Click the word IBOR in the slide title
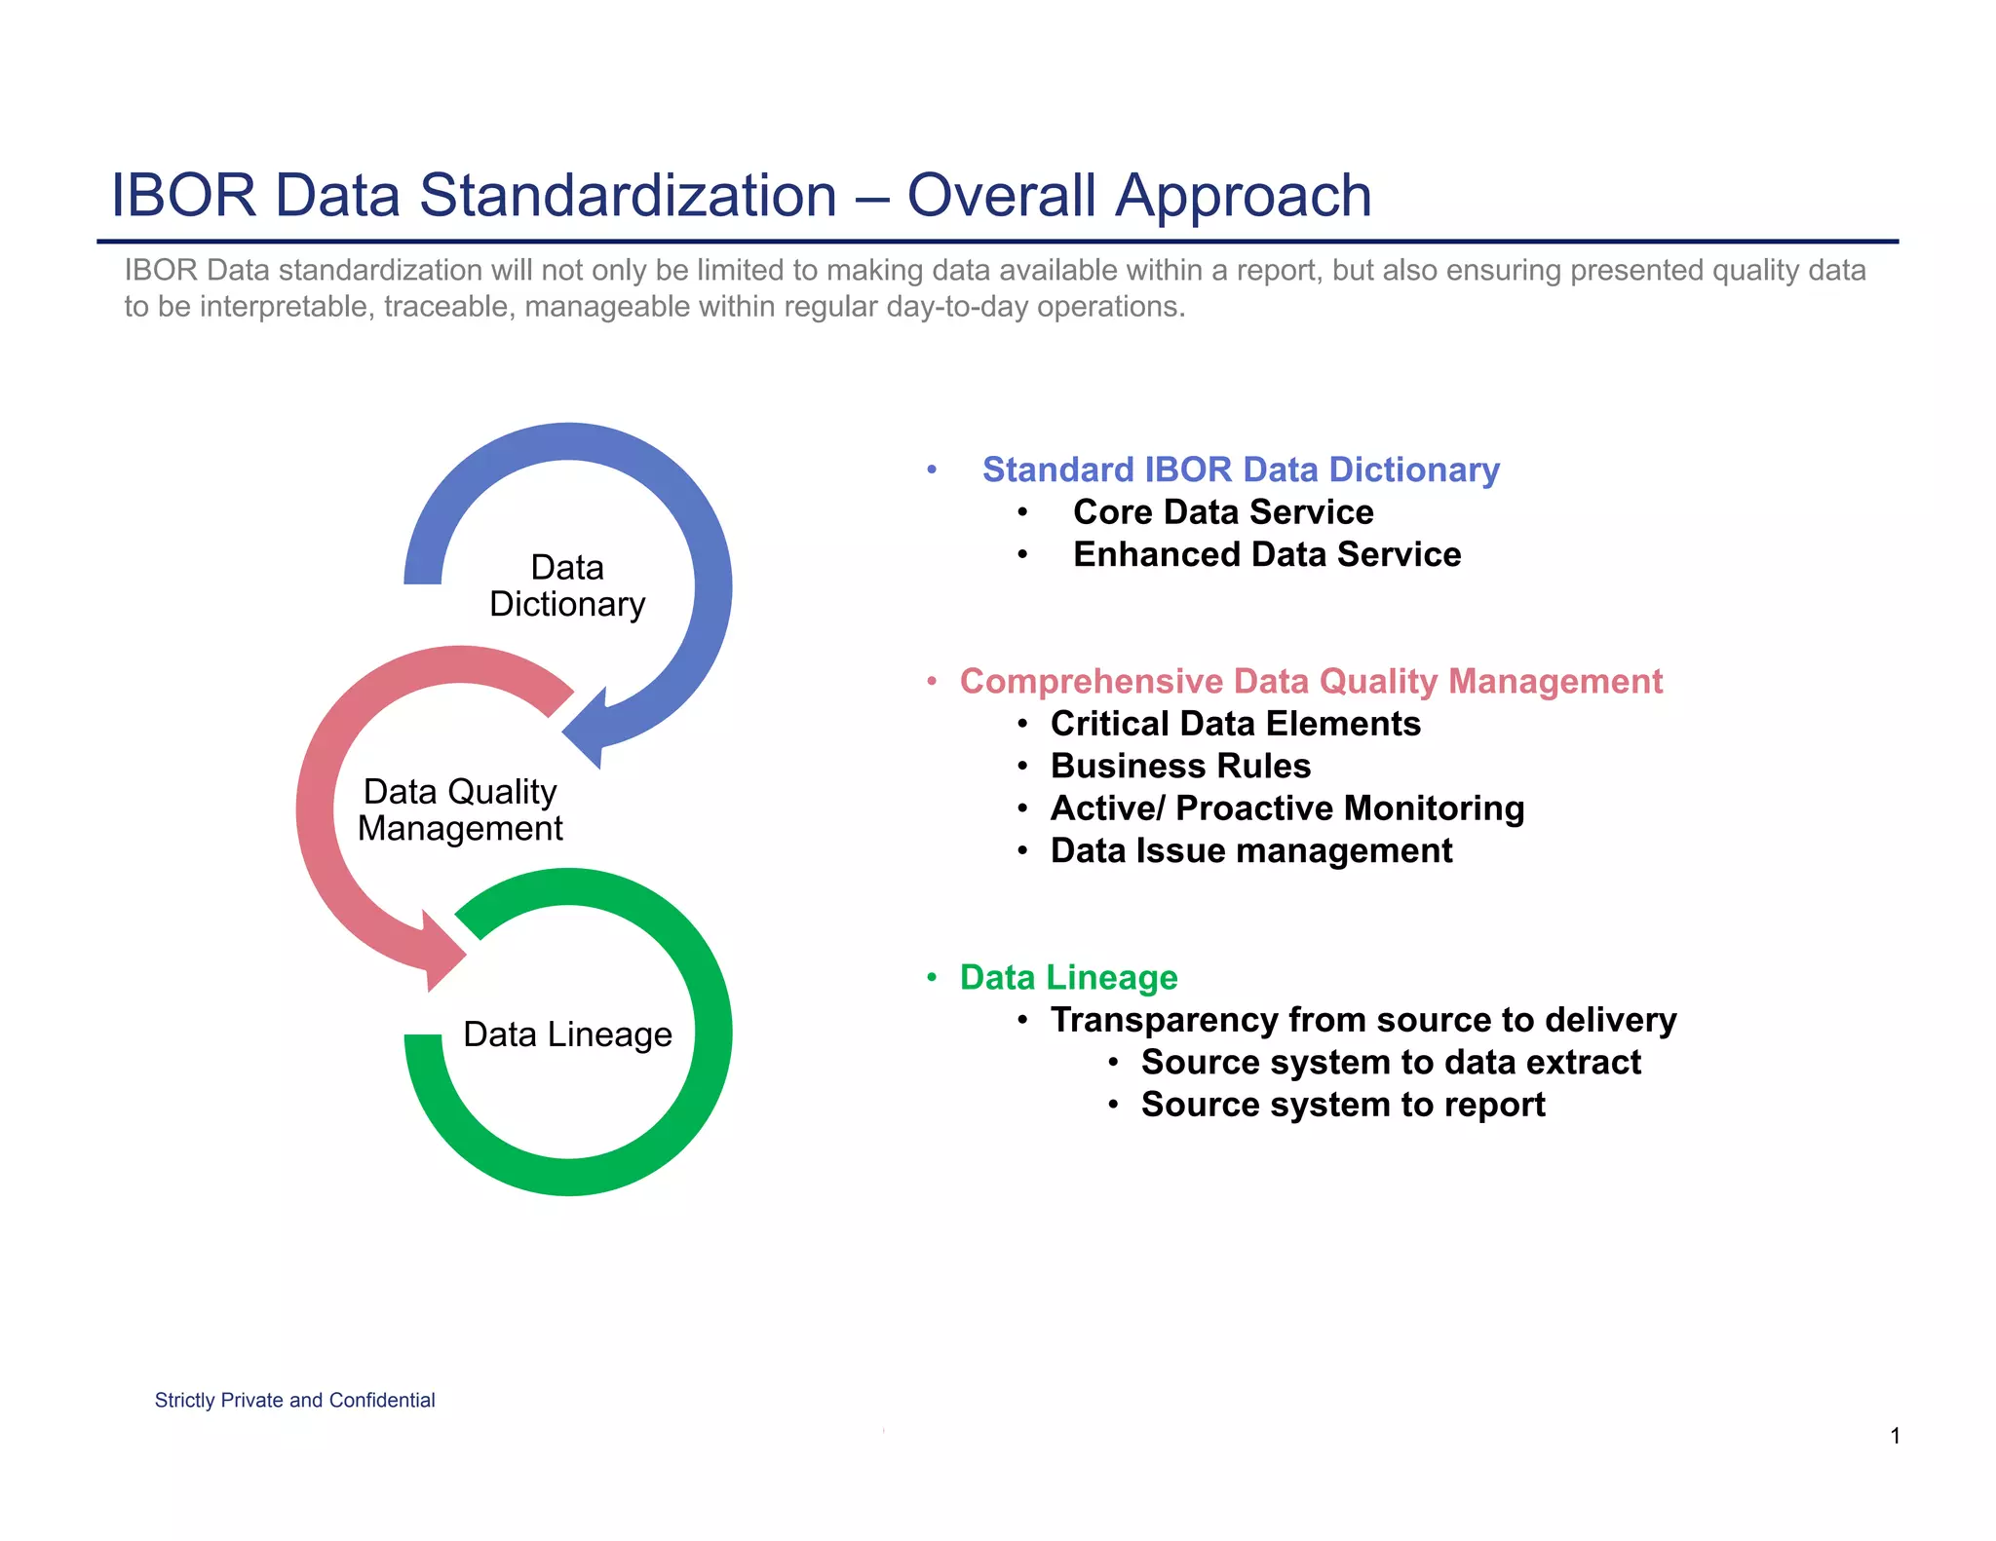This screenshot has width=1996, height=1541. coord(183,195)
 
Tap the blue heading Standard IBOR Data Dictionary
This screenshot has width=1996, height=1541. coord(1240,470)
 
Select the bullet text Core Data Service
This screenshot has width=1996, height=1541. coord(1222,512)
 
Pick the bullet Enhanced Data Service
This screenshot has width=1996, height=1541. coord(1266,554)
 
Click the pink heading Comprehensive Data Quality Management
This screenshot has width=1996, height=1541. coord(1310,681)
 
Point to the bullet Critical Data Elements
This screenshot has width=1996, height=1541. coord(1235,724)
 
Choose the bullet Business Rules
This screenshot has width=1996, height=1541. coord(1179,766)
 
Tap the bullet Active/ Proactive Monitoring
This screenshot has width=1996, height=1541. coord(1286,808)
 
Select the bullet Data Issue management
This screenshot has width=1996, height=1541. coord(1250,850)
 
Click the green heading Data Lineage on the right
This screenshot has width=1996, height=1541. coord(1068,977)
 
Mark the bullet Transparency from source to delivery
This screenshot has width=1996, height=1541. coord(1363,1020)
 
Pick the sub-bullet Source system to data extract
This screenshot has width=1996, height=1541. coord(1390,1062)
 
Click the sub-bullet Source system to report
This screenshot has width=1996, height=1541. coord(1342,1105)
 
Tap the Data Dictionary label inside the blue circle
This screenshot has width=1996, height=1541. coord(567,585)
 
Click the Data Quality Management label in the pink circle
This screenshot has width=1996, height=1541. coord(460,809)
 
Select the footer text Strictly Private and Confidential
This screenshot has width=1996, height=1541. coord(294,1400)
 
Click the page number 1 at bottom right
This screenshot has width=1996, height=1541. coord(1895,1436)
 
